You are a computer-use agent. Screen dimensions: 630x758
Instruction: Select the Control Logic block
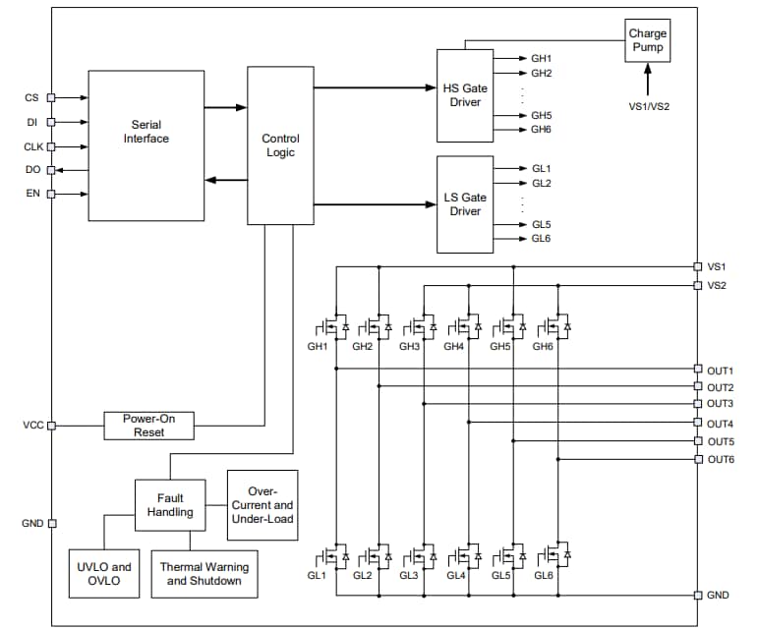coord(280,145)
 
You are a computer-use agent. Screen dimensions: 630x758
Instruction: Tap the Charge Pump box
coord(647,40)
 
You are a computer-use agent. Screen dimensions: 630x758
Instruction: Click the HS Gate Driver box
coord(466,94)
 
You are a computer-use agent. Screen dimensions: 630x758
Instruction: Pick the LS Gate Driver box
coord(466,204)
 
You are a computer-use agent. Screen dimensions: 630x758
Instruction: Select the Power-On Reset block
coord(149,425)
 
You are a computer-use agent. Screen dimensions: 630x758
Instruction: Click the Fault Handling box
coord(170,505)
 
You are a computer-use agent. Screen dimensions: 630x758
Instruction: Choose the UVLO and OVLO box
coord(103,573)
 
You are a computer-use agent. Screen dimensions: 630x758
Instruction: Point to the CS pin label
coord(31,97)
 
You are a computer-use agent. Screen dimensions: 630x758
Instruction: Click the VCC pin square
coord(52,425)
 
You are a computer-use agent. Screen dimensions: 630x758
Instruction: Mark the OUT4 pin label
coord(721,424)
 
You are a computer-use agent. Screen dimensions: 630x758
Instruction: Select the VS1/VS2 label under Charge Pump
coord(649,105)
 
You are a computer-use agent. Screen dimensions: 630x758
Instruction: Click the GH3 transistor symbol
coord(423,325)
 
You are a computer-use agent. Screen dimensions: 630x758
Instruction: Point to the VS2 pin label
coord(717,285)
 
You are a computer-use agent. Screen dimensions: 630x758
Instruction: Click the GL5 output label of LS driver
coord(542,224)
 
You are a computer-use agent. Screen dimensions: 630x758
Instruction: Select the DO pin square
coord(52,169)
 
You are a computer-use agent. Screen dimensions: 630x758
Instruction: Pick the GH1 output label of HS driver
coord(542,58)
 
